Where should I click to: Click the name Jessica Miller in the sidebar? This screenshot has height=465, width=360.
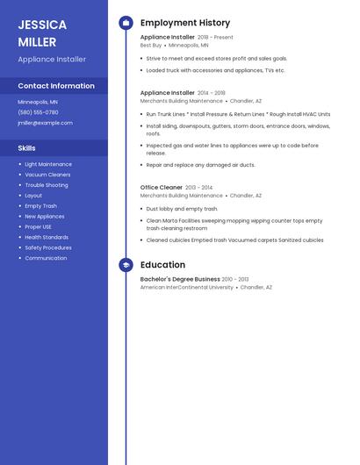[37, 33]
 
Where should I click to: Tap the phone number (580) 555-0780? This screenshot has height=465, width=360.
[38, 112]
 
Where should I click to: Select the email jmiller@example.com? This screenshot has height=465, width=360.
[45, 123]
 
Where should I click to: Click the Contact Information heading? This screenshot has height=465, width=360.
[56, 86]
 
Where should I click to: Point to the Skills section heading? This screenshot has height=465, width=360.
[26, 148]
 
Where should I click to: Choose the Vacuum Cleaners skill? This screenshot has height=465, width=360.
[47, 175]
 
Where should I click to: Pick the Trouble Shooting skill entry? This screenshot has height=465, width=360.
[47, 185]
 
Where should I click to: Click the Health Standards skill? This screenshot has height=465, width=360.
[47, 237]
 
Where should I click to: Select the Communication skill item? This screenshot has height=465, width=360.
[46, 258]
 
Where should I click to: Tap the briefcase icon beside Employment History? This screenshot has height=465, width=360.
[126, 23]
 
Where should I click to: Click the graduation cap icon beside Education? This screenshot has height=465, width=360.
[126, 265]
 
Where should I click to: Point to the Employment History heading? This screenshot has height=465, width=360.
[185, 23]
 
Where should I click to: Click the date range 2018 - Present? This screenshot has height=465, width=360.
[215, 38]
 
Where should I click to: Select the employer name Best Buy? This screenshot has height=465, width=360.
[151, 45]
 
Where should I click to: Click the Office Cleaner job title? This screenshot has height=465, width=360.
[162, 187]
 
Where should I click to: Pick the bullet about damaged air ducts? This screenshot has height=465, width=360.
[200, 165]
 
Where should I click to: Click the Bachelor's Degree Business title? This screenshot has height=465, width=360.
[180, 279]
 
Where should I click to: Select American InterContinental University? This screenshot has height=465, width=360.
[187, 287]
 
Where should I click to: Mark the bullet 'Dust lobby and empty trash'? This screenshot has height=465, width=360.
[182, 209]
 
